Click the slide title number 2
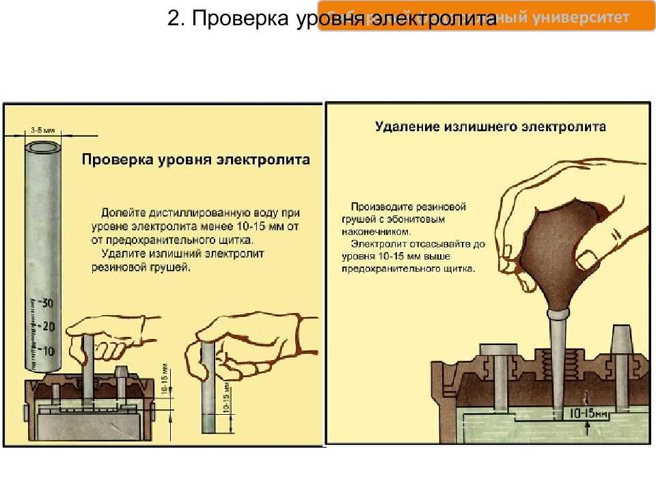pos(174,19)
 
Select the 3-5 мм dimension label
pos(43,130)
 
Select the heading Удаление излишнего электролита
pos(490,127)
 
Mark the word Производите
pos(379,206)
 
